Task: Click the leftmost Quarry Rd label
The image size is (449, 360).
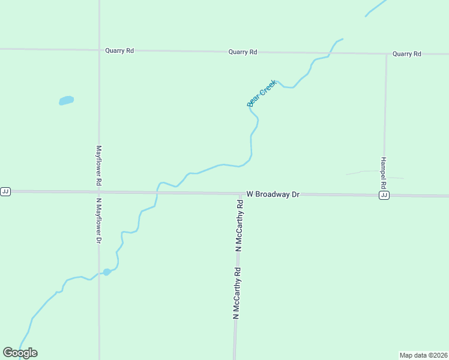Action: pos(119,51)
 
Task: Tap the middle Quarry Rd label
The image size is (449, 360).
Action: pos(243,52)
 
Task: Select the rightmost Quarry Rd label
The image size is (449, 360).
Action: pos(407,54)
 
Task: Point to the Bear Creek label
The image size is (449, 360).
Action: pos(262,93)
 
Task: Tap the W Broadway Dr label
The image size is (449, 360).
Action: pos(273,194)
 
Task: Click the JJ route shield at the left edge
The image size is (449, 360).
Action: pos(5,191)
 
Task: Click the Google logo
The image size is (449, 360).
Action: pos(20,353)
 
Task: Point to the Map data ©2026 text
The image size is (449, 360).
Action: pos(423,355)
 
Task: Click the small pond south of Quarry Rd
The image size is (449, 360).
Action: pos(66,100)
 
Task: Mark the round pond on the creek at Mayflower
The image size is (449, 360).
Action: pos(107,272)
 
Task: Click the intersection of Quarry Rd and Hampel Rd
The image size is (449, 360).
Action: pos(386,54)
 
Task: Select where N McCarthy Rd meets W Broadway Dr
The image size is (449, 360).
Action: pos(240,193)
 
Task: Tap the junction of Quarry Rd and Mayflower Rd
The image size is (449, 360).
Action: pos(99,50)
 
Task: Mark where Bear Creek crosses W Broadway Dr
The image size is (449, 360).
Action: pos(157,192)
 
